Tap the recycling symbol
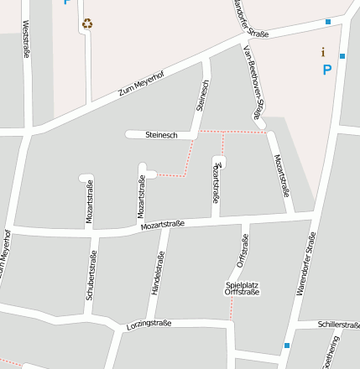click(87, 24)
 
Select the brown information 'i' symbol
click(323, 52)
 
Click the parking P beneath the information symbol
click(327, 70)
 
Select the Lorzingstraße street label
click(149, 324)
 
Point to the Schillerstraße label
click(338, 324)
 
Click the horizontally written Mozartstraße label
click(163, 226)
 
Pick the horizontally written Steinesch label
click(161, 134)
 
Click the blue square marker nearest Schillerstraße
click(287, 346)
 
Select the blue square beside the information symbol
click(342, 56)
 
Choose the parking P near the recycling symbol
click(67, 3)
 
